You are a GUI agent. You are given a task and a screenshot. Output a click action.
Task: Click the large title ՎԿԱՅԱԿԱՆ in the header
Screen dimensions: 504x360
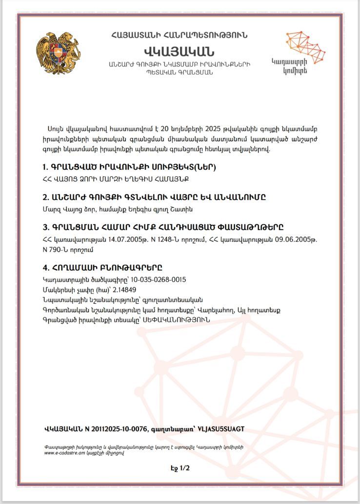pyautogui.click(x=179, y=51)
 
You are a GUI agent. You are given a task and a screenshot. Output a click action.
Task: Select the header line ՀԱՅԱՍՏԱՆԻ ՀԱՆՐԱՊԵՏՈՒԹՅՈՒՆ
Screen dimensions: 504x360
pyautogui.click(x=179, y=35)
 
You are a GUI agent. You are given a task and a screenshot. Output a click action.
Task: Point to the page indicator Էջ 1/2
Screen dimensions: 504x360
pyautogui.click(x=180, y=468)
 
